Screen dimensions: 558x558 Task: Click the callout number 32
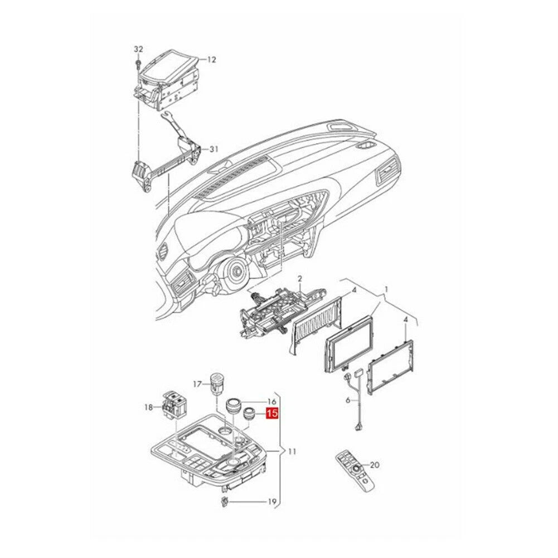(x=138, y=49)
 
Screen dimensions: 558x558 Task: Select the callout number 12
(x=211, y=60)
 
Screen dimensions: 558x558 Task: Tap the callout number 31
(x=214, y=149)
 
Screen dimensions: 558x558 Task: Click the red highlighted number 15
(x=273, y=414)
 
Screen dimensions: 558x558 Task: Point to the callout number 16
(x=271, y=402)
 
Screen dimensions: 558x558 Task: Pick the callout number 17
(x=197, y=384)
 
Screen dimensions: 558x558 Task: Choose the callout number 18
(x=148, y=407)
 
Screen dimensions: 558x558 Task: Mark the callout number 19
(x=272, y=502)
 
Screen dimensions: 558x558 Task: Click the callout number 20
(x=375, y=465)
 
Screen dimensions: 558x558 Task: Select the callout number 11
(x=292, y=452)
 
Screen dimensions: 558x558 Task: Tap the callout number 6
(x=348, y=400)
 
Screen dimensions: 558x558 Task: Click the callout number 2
(x=300, y=278)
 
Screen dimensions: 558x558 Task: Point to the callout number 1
(x=386, y=289)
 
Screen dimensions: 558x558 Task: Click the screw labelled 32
(x=138, y=65)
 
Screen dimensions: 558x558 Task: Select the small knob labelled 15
(x=249, y=415)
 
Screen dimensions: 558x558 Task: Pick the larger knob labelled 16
(x=235, y=406)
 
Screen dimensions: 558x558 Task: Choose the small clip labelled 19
(x=225, y=501)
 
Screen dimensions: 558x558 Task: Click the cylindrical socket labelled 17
(x=217, y=384)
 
